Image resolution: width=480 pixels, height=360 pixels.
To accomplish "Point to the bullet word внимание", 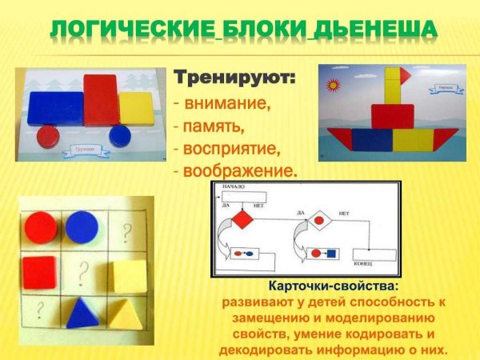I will (x=227, y=104).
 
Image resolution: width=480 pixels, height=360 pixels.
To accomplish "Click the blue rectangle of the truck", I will (x=55, y=108).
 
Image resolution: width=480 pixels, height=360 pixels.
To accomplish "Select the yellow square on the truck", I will (x=135, y=107).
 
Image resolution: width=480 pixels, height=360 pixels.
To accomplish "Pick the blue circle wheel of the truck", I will (x=120, y=134).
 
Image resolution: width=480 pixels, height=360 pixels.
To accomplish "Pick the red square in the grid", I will (x=38, y=273).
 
